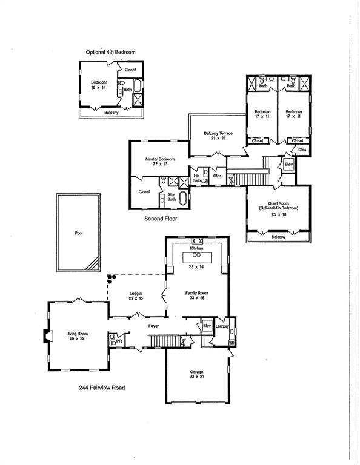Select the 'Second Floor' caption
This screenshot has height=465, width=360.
coord(160,219)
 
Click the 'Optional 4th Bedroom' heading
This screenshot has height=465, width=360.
coord(110,53)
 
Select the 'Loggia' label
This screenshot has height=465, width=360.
coord(135,295)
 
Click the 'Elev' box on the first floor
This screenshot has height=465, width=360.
coord(207,326)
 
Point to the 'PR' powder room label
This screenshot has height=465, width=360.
coord(119,341)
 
